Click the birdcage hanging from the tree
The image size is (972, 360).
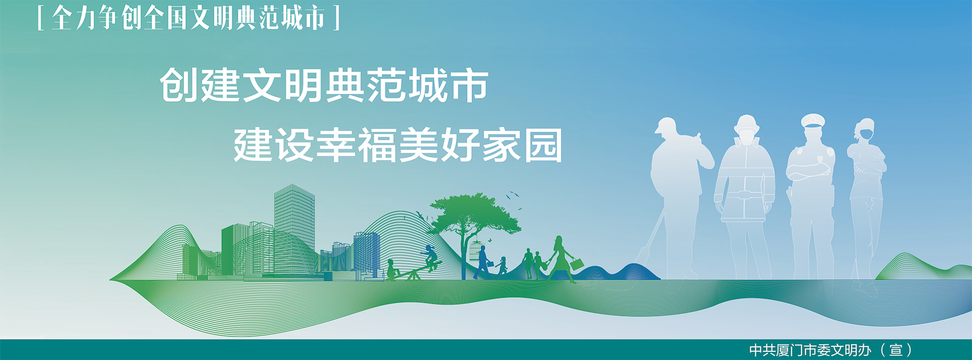coord(476,251)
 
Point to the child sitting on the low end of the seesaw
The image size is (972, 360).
coord(391,269)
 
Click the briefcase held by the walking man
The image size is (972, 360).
coord(490,263)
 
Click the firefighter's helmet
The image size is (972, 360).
coord(746,124)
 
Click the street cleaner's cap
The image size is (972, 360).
coord(666,125)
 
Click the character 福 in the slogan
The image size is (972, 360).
coord(378,145)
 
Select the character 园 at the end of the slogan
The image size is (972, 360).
coord(543,145)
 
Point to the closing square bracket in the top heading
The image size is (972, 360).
coord(337,18)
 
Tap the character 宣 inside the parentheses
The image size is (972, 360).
coord(896,350)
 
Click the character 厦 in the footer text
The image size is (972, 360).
coord(783,350)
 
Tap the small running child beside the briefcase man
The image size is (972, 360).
coord(502,266)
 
